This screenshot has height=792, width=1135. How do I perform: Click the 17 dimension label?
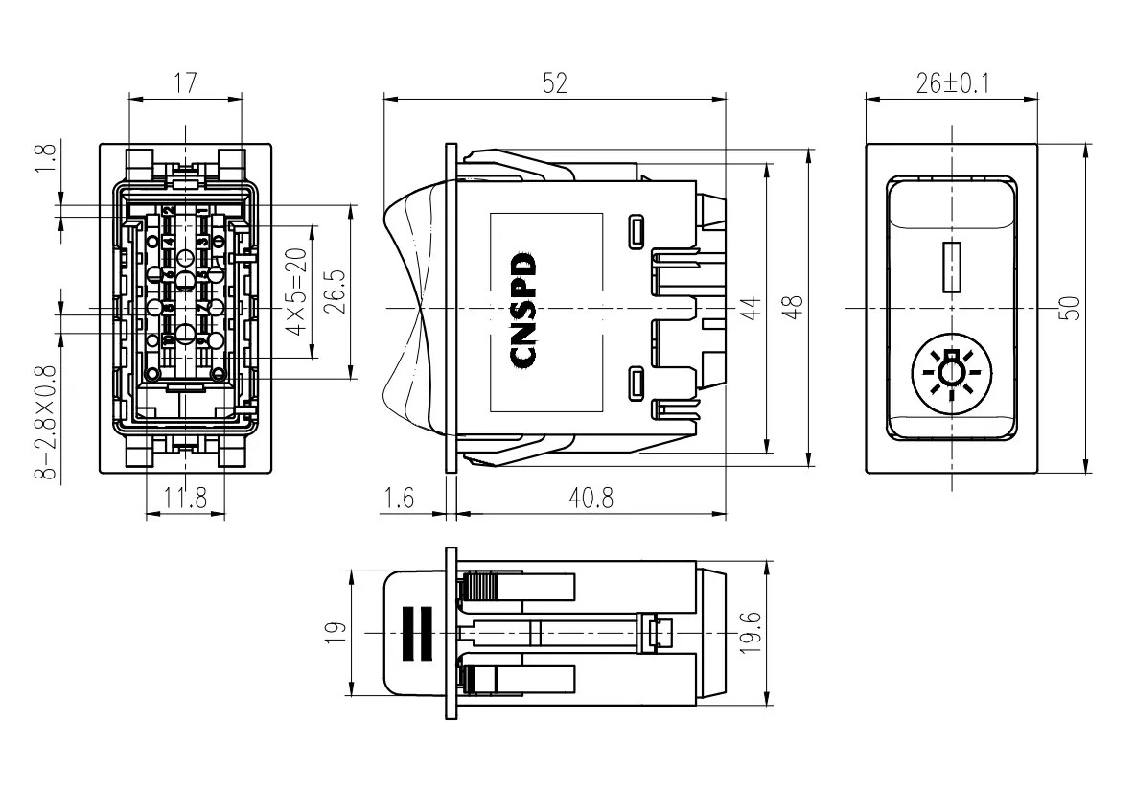click(184, 83)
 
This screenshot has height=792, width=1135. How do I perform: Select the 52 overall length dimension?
click(554, 83)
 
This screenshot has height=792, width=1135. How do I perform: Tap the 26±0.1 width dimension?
click(952, 83)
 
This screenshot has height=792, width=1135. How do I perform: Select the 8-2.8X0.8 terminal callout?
click(51, 423)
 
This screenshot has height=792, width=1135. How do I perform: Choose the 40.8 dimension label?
click(591, 499)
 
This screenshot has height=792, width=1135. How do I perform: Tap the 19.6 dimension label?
click(753, 634)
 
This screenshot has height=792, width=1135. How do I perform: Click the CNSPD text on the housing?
click(525, 309)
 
